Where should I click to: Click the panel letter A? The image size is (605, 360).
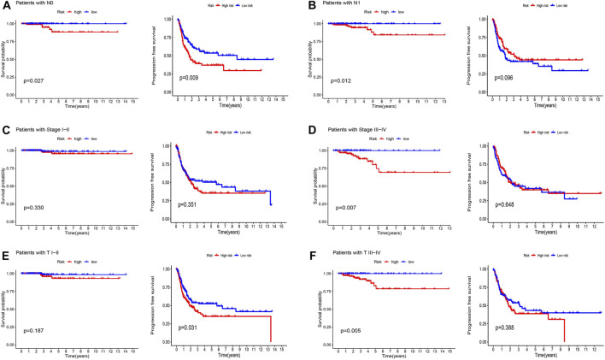click(5, 5)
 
